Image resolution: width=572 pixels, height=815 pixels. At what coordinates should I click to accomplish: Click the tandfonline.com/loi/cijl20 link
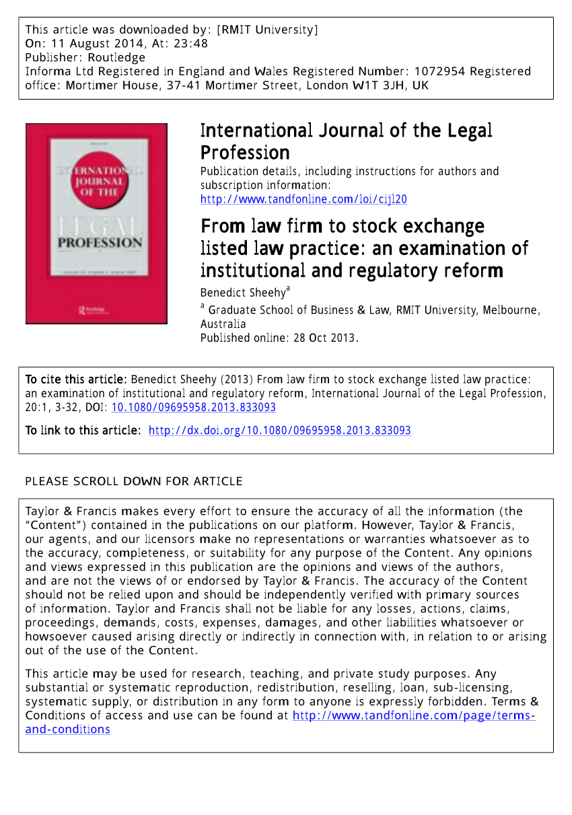(x=303, y=199)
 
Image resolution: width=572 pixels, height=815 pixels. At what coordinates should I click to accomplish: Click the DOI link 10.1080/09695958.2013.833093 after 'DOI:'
(x=193, y=407)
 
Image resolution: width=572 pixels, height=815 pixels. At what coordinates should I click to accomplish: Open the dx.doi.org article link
(x=279, y=431)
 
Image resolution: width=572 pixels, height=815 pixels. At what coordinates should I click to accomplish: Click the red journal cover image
(x=96, y=223)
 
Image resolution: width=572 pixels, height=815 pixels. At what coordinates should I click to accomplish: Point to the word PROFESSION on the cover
(x=100, y=242)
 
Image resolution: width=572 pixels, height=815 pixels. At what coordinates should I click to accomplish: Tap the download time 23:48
(x=193, y=44)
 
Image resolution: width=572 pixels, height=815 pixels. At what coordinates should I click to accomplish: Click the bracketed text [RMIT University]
(x=267, y=30)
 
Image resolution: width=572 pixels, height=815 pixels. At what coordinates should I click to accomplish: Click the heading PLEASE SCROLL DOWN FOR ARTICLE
(x=133, y=481)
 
